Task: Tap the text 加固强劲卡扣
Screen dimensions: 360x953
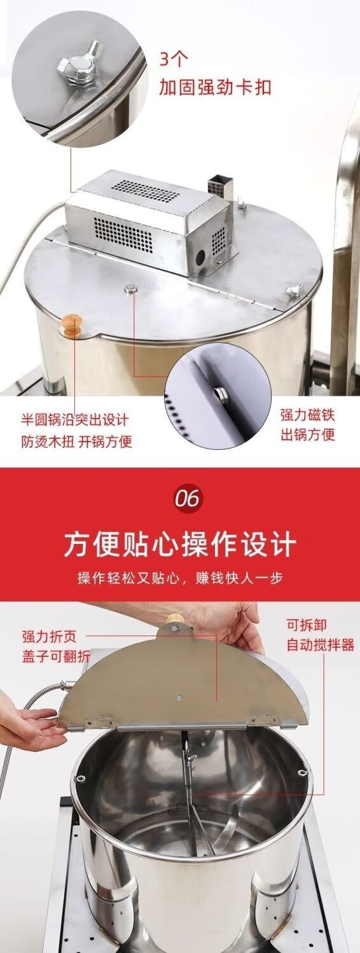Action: point(215,87)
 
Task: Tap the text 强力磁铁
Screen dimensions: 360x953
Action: point(307,415)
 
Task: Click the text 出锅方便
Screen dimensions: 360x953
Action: point(307,435)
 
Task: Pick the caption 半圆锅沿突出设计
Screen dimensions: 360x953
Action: point(75,421)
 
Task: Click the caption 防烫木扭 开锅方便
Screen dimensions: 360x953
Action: point(76,441)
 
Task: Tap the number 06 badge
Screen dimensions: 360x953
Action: point(188,497)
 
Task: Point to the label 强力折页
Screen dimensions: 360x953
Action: point(50,637)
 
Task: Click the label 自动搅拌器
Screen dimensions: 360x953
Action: point(320,645)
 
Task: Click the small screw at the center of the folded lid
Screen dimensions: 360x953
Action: point(179,697)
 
